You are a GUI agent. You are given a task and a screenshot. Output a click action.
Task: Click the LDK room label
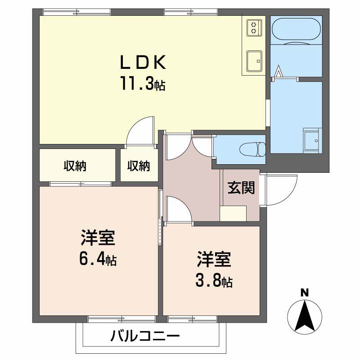(x=143, y=62)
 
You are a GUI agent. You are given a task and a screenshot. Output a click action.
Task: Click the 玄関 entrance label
(x=241, y=188)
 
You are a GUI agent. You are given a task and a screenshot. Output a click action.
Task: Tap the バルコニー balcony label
(x=145, y=336)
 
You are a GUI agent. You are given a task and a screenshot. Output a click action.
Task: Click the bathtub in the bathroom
(x=296, y=30)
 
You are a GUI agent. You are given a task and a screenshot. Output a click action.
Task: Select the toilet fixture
(x=252, y=150)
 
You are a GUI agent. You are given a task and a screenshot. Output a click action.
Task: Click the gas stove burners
(x=254, y=27)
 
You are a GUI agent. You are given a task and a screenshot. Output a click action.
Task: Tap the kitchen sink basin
(x=254, y=61)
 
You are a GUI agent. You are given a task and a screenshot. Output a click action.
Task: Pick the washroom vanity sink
(x=311, y=140)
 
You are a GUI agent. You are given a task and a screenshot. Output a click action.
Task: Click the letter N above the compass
(x=305, y=293)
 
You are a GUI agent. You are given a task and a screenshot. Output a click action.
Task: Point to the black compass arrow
(x=305, y=316)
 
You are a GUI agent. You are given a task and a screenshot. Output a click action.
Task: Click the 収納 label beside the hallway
(x=139, y=166)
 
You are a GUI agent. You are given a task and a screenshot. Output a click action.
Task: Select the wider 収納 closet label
(x=75, y=166)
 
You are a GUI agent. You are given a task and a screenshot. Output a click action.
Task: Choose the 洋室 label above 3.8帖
(x=214, y=260)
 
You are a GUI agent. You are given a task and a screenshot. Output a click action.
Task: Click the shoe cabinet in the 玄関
(x=233, y=213)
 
